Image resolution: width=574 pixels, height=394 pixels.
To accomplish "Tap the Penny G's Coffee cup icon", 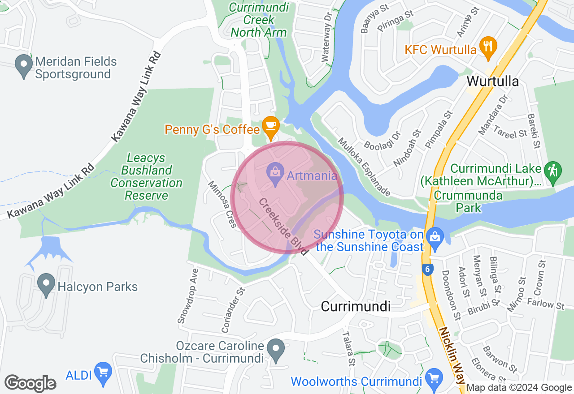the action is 270,126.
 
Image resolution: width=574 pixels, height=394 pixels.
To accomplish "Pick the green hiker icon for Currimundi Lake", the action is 553,171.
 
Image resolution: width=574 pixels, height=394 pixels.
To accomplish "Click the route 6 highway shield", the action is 428,269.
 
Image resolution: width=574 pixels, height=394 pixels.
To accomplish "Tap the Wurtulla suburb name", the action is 493,81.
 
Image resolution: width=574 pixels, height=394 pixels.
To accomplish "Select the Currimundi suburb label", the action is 356,306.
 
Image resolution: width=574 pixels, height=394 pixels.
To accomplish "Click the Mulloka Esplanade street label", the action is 364,167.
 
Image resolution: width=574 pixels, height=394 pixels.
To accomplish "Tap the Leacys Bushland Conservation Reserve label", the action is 146,177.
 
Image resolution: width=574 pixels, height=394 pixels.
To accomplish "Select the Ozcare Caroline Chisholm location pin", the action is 275,350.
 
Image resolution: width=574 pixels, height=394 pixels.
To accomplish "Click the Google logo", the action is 30,384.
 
